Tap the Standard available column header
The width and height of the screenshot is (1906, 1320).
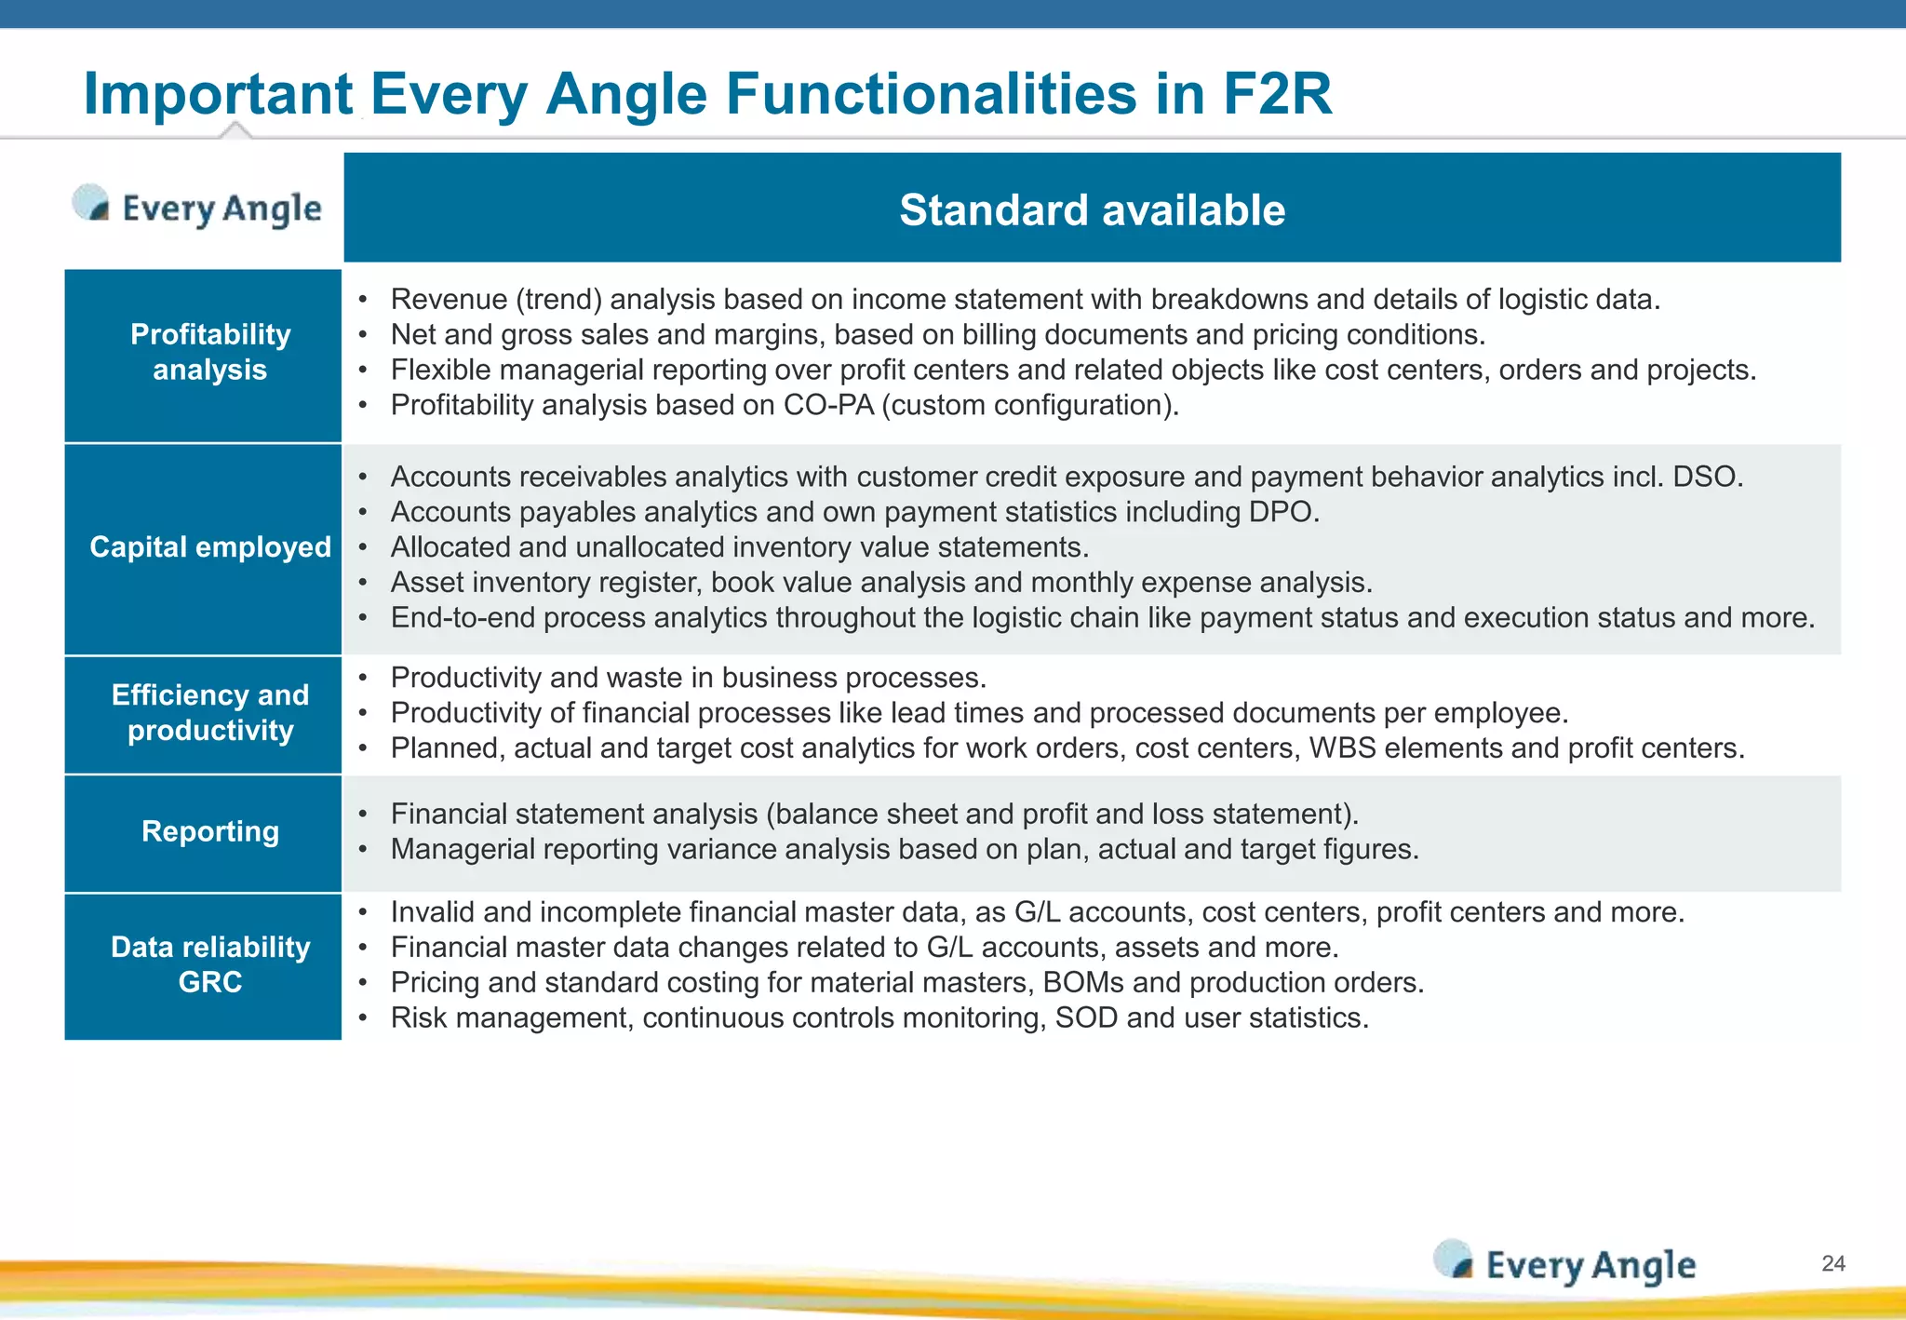pyautogui.click(x=1092, y=209)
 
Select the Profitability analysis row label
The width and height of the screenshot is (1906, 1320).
pyautogui.click(x=210, y=352)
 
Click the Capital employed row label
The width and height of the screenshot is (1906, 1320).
pyautogui.click(x=210, y=547)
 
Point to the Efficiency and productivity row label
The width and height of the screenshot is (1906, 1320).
pyautogui.click(x=210, y=713)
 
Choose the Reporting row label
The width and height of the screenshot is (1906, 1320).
pyautogui.click(x=210, y=831)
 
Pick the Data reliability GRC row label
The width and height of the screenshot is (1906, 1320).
pyautogui.click(x=210, y=964)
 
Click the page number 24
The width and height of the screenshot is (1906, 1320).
pyautogui.click(x=1832, y=1263)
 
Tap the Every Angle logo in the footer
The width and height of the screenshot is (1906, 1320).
pyautogui.click(x=1565, y=1264)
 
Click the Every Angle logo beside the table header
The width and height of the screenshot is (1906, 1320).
pyautogui.click(x=198, y=207)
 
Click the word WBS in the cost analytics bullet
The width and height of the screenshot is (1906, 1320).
pyautogui.click(x=1342, y=748)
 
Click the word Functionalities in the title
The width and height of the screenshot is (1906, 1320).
pyautogui.click(x=931, y=94)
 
